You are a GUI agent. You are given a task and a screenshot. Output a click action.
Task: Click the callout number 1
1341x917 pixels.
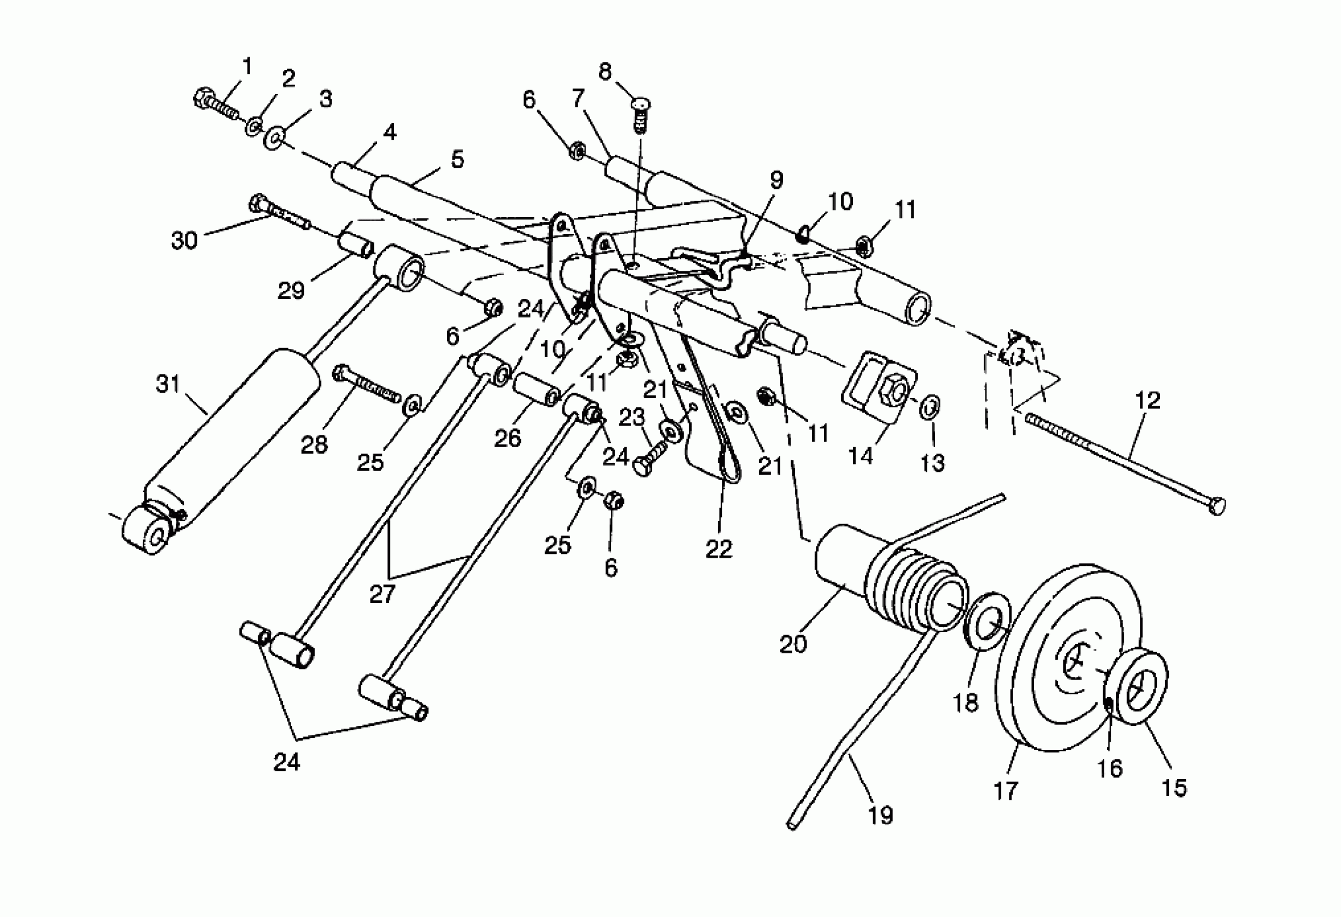[247, 67]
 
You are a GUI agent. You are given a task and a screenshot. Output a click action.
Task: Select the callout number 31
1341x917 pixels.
[168, 384]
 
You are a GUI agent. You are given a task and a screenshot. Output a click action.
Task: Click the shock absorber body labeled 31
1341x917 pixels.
[231, 439]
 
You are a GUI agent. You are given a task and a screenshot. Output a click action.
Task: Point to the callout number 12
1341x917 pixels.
[1147, 400]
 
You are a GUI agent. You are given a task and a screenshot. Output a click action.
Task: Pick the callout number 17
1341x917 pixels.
[1005, 790]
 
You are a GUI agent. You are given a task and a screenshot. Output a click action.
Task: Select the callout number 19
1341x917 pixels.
[881, 815]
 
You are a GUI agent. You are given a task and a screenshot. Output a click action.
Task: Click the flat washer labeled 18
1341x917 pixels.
[988, 620]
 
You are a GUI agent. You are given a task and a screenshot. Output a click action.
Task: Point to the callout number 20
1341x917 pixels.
[793, 644]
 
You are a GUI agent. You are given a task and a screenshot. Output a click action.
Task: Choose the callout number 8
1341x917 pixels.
[604, 72]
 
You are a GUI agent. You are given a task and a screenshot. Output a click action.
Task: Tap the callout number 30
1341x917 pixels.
[184, 239]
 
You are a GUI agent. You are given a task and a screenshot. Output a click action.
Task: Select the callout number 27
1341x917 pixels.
[382, 593]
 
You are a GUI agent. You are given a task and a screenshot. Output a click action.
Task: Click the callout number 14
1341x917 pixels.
[861, 456]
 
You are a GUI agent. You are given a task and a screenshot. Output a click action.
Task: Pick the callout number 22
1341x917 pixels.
[718, 549]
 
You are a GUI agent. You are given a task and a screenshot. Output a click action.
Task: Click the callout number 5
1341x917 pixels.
[457, 159]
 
